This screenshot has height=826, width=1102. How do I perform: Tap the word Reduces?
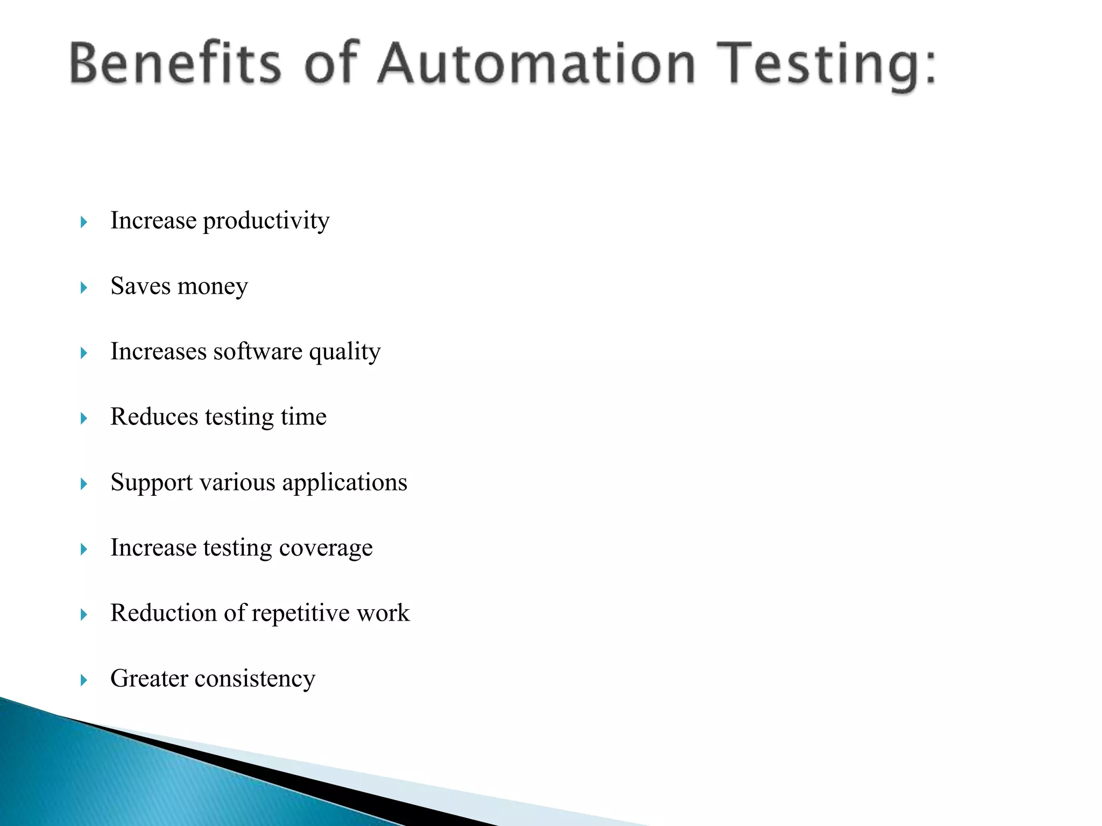[154, 417]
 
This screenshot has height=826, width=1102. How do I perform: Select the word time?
[303, 417]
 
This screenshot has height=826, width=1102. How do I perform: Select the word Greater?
[149, 679]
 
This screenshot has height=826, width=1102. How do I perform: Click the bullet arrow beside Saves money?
[83, 288]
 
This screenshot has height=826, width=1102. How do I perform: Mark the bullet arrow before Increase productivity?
[83, 222]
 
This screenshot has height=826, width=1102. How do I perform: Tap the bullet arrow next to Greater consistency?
[83, 680]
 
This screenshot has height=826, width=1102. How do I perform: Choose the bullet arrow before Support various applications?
[83, 484]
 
